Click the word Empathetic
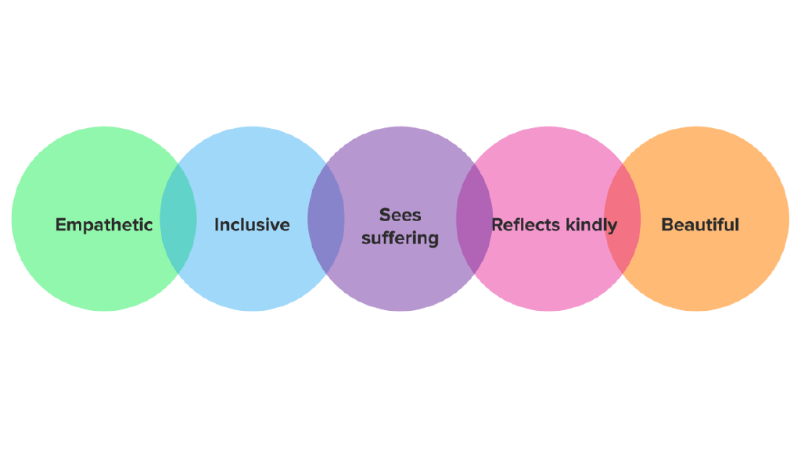[x=104, y=225]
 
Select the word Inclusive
[x=252, y=225]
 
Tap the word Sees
[x=400, y=214]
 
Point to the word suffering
[x=400, y=237]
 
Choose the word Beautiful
[x=700, y=225]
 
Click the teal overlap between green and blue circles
[x=178, y=219]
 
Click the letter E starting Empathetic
[x=61, y=225]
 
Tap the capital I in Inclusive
[x=217, y=225]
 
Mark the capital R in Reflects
[x=497, y=225]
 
